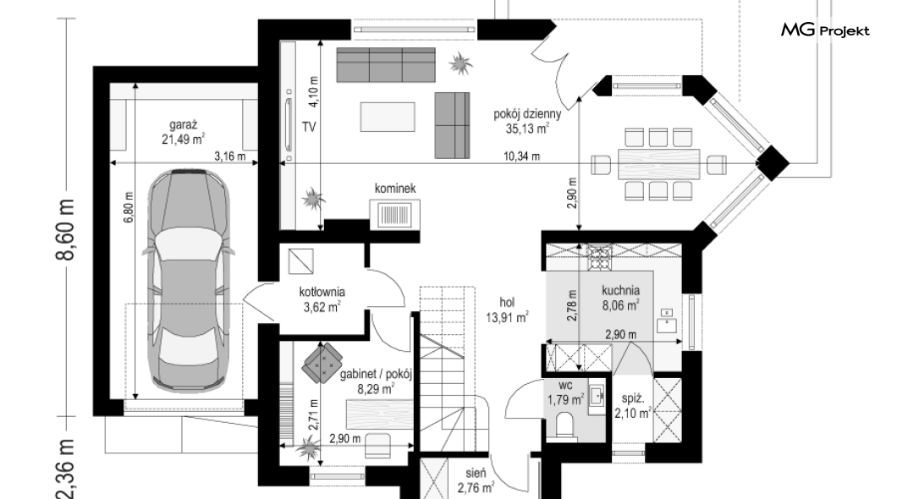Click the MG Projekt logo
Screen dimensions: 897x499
coord(825,30)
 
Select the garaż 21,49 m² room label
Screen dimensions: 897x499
coord(183,131)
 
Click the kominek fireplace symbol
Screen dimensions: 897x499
coord(394,214)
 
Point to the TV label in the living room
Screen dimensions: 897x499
coord(309,127)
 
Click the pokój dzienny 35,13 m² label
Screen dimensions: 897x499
coord(527,121)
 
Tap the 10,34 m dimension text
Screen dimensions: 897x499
coord(522,156)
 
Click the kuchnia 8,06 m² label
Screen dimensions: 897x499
coord(620,298)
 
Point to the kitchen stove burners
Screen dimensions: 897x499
coord(599,256)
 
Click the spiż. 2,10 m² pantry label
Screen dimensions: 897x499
coord(633,406)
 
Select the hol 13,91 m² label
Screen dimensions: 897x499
coord(507,310)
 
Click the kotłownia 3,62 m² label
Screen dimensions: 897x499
coord(322,299)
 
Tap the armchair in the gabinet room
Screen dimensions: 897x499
coord(322,362)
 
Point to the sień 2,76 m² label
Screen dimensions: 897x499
coord(476,480)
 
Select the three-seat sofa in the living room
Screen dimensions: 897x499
coord(386,64)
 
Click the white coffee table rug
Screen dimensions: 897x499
coord(388,117)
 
